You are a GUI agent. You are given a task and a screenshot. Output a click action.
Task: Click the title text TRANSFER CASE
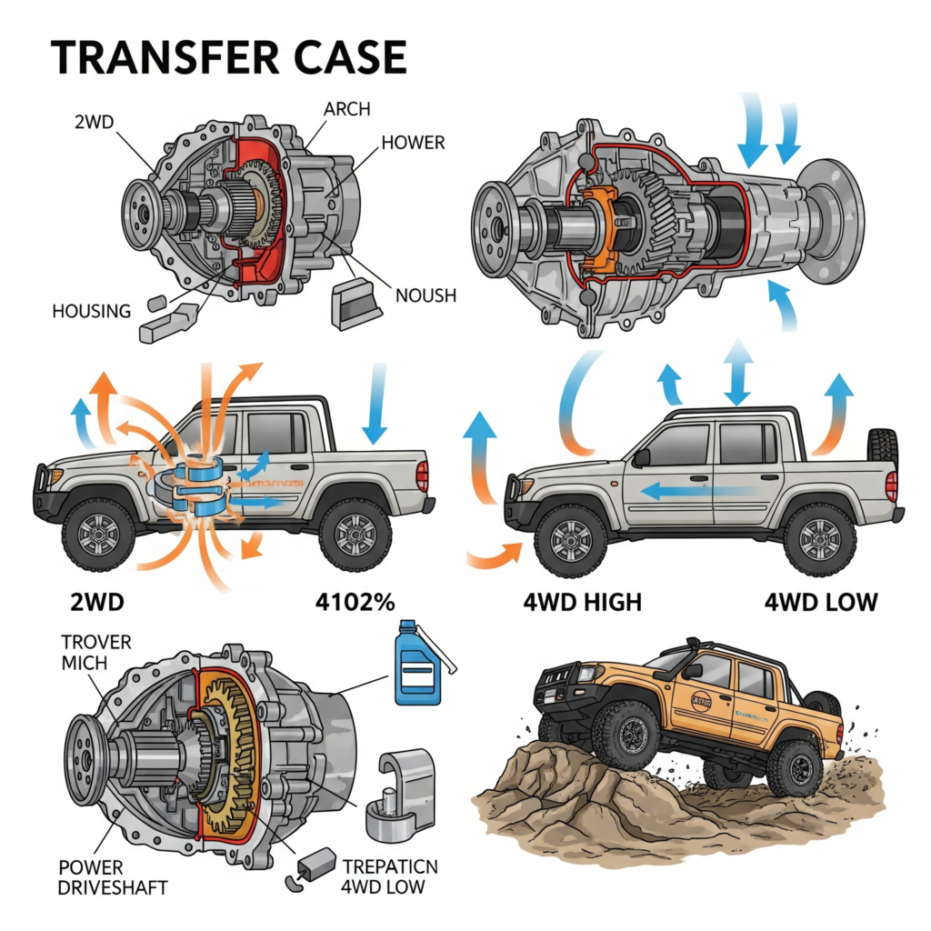(x=227, y=57)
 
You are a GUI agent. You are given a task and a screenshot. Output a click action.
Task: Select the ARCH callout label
(x=347, y=109)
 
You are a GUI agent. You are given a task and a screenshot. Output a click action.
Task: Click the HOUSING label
(x=92, y=311)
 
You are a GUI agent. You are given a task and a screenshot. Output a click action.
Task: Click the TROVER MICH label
(x=96, y=652)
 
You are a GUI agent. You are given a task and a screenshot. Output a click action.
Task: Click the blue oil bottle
(x=417, y=663)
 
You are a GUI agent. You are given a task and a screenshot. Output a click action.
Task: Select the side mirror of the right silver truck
(x=641, y=457)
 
